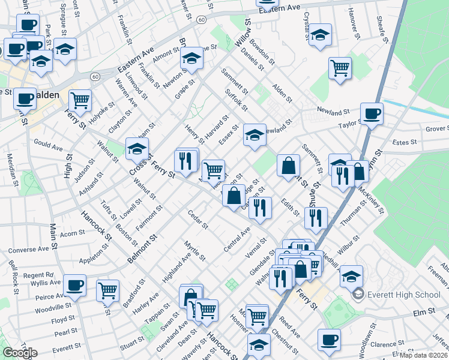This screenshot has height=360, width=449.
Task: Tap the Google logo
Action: (x=20, y=353)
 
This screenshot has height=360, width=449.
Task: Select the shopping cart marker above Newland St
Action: (x=340, y=68)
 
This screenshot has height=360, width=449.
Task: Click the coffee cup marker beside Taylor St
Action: (x=372, y=113)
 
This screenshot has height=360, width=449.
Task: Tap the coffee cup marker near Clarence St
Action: (x=329, y=340)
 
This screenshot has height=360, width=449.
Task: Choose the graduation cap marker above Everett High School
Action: (x=351, y=276)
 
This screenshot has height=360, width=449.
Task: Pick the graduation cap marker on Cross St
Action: (x=137, y=148)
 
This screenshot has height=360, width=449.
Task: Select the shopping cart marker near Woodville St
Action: (x=108, y=290)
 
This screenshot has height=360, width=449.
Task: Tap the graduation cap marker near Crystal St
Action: (x=320, y=35)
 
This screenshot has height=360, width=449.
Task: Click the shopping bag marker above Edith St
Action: (x=289, y=166)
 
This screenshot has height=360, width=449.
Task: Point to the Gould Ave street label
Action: (x=49, y=146)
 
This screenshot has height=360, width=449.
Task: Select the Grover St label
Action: (x=436, y=128)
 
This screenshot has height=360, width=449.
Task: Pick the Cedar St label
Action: (x=197, y=220)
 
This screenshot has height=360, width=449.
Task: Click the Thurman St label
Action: (x=353, y=212)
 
